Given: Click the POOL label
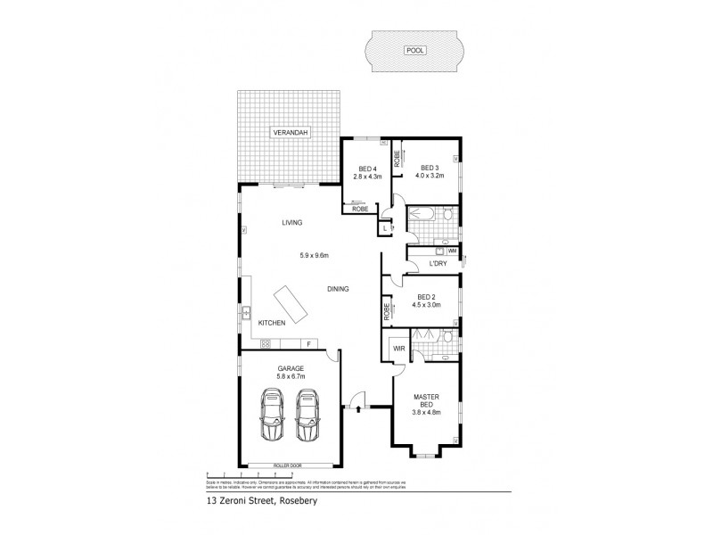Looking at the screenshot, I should click(x=415, y=51).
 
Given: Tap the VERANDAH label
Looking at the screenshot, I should click(x=290, y=133).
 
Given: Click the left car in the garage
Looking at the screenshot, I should click(x=272, y=416).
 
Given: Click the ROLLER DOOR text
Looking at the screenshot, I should click(x=289, y=465).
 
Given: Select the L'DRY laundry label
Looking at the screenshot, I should click(x=437, y=264).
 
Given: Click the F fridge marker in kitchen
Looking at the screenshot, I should click(x=308, y=343).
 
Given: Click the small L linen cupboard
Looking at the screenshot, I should click(x=384, y=229).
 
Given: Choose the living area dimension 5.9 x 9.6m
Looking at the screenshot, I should click(x=314, y=257).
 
